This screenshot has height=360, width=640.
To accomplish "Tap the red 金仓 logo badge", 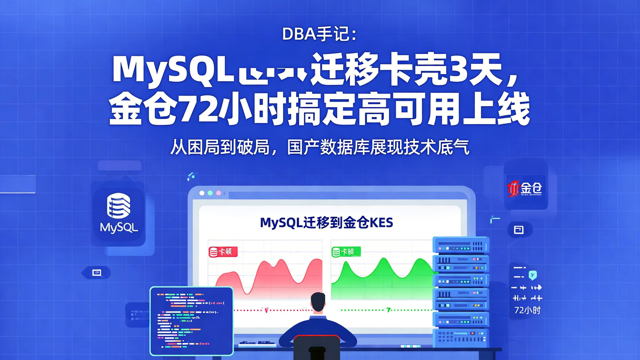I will [525, 188].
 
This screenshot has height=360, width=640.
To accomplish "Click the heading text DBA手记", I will [319, 34].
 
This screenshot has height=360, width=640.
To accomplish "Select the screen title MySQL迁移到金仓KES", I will [326, 222].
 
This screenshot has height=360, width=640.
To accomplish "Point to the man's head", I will [318, 303].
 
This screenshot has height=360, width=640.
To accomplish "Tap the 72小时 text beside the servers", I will [527, 310].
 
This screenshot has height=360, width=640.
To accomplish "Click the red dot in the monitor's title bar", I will [202, 193].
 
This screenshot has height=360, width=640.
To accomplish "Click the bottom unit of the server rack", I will [460, 338].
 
